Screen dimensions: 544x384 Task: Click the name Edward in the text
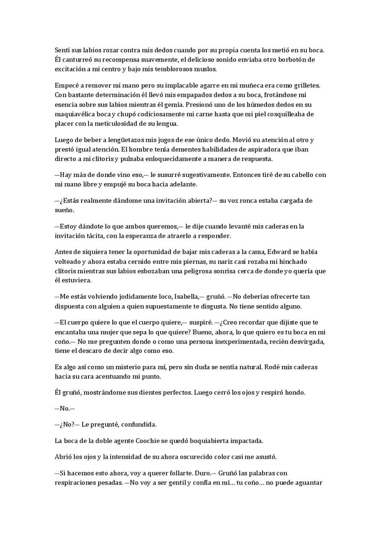[278, 252]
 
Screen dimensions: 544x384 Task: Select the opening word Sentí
[62, 50]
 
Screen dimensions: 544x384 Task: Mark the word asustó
[266, 457]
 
